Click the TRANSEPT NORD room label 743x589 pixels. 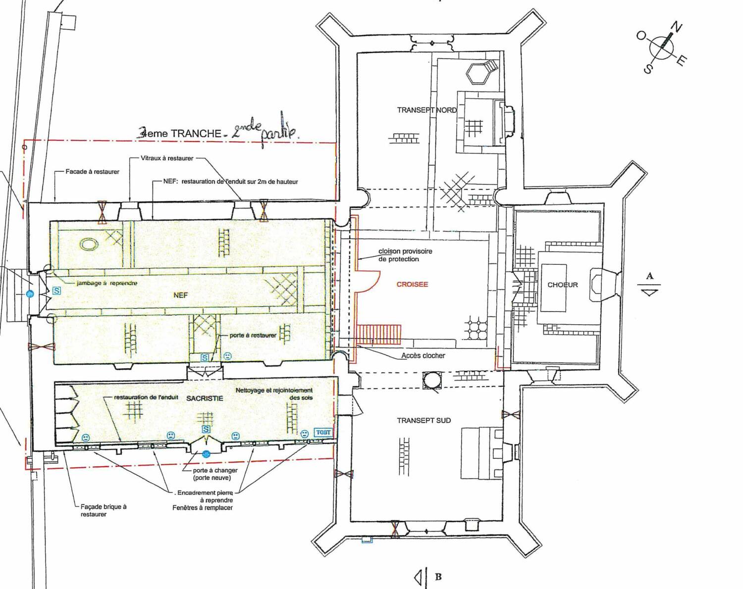(x=427, y=110)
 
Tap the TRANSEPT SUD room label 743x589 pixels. (x=424, y=421)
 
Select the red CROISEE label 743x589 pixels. (x=412, y=284)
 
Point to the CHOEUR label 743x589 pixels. (x=562, y=285)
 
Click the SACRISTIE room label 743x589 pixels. (x=205, y=398)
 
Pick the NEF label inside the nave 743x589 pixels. (x=181, y=295)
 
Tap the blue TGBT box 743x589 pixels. (x=323, y=433)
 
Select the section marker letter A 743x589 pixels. (x=650, y=276)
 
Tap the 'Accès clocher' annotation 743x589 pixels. (x=423, y=355)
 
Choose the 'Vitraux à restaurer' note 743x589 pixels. (x=167, y=158)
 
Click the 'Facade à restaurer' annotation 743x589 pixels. (x=92, y=171)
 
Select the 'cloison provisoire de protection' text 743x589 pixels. (x=405, y=255)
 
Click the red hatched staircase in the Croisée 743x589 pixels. (x=379, y=335)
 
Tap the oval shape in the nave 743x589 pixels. (x=90, y=244)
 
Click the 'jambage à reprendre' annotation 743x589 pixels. (x=106, y=283)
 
